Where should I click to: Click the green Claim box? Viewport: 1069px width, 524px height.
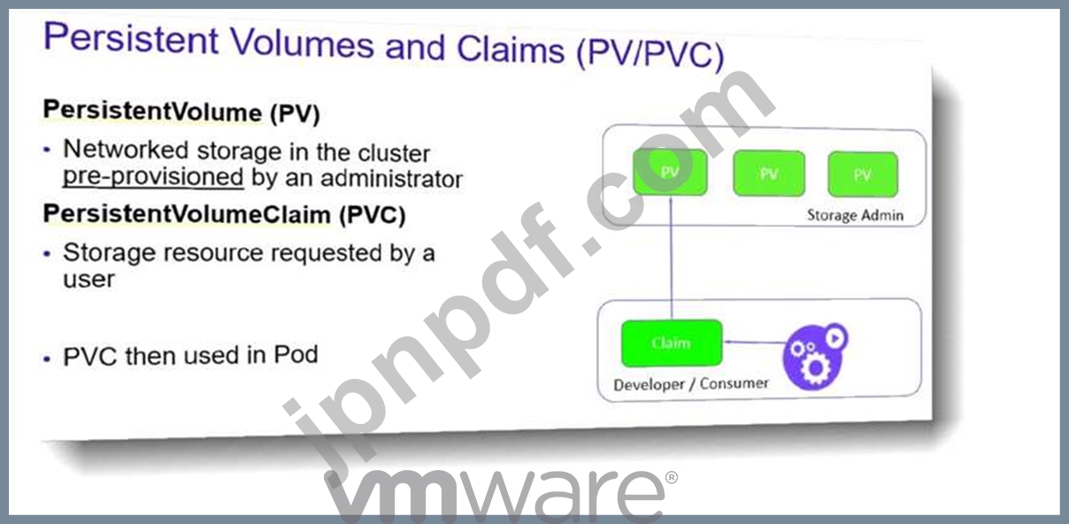click(672, 343)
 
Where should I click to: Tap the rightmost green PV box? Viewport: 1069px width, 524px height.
click(863, 174)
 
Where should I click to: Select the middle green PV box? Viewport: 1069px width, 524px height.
click(769, 173)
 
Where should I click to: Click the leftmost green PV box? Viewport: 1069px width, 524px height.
click(670, 172)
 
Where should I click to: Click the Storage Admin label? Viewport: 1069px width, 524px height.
click(855, 215)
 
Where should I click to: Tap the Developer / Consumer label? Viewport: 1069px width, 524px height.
click(690, 384)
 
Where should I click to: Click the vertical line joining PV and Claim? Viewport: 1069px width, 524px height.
click(671, 258)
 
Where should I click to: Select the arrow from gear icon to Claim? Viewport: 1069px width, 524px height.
click(755, 342)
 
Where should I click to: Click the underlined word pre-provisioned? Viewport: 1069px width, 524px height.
click(153, 176)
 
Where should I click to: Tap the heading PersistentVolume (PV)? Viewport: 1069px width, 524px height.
click(181, 112)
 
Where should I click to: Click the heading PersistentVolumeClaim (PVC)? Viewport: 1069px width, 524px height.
click(224, 214)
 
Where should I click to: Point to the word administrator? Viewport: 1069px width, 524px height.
click(391, 179)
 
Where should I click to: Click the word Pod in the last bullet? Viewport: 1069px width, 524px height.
click(296, 355)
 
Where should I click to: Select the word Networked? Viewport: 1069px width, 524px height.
click(126, 150)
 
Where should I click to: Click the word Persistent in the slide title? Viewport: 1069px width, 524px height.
click(131, 39)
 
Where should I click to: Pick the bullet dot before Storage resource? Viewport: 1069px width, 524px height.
click(47, 254)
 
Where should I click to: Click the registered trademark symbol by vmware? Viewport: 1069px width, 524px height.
click(671, 477)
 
